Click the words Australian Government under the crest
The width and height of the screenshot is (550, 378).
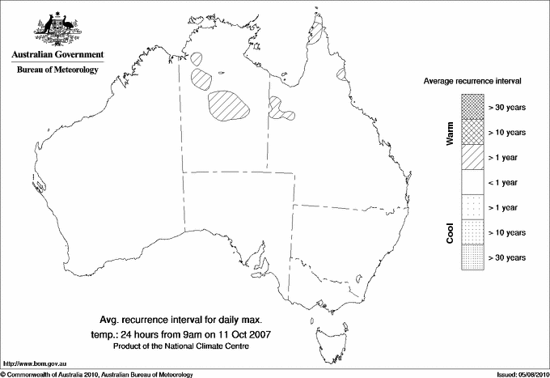click(57, 55)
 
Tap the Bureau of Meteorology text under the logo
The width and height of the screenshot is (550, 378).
click(57, 70)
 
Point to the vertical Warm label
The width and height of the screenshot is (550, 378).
click(451, 133)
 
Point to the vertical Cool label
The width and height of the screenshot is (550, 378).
click(451, 233)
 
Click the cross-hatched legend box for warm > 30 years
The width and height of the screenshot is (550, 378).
click(472, 107)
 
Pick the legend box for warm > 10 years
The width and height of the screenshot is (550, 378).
click(472, 132)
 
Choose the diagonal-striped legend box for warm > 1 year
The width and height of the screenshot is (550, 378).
click(472, 157)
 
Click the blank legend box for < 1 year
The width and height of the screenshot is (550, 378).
click(472, 182)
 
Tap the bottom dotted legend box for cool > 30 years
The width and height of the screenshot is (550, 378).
click(472, 257)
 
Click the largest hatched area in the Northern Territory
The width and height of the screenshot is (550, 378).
click(229, 106)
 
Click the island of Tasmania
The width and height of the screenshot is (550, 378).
click(329, 333)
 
